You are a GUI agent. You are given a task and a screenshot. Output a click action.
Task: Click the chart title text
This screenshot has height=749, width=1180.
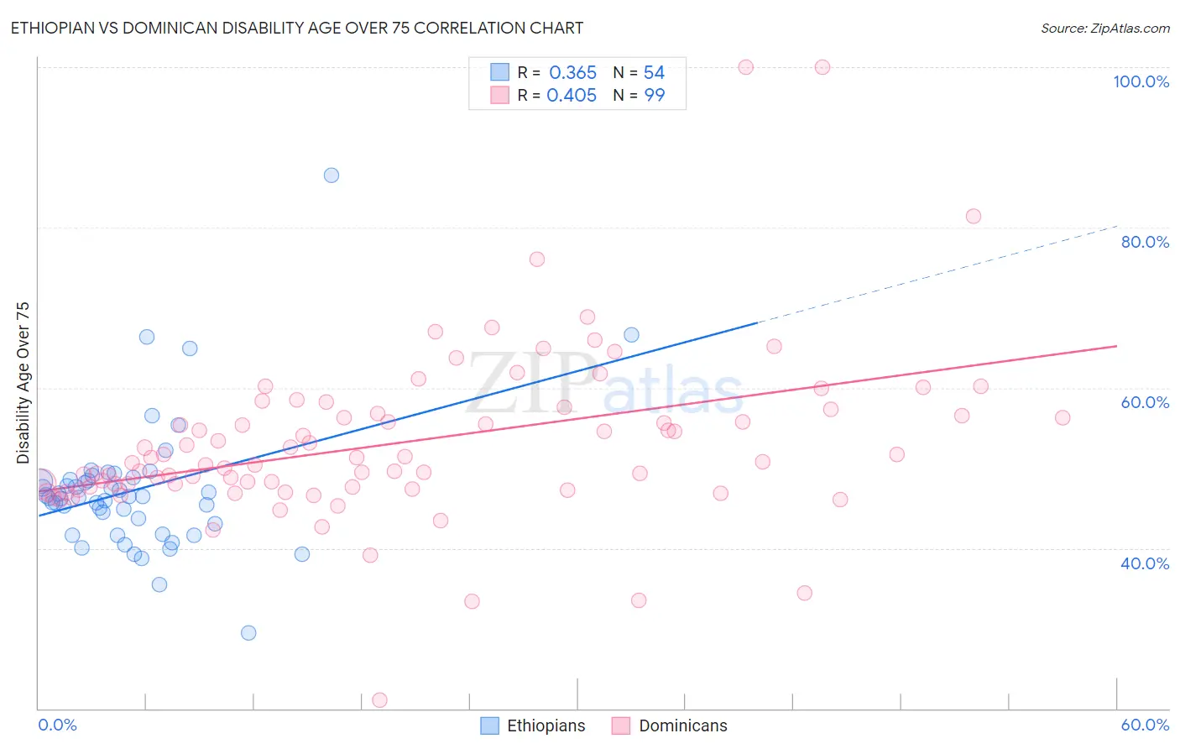coord(296,28)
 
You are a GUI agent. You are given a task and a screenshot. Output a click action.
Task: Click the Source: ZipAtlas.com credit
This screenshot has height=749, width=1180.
coord(1104,28)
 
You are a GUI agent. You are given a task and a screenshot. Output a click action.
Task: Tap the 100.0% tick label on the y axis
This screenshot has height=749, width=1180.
coord(1141,81)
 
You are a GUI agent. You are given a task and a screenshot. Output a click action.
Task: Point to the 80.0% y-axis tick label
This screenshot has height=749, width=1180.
coord(1145,242)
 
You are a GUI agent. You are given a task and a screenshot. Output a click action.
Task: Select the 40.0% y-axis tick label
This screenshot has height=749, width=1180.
coord(1145,563)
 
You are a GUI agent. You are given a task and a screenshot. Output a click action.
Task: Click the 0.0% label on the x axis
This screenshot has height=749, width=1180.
coord(57,725)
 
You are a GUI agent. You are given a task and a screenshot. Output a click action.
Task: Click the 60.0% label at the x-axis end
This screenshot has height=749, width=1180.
coord(1145,725)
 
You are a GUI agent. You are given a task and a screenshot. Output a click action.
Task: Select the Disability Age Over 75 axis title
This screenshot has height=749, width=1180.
coord(23,382)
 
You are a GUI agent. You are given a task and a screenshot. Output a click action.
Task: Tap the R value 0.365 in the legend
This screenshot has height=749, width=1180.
coord(572,73)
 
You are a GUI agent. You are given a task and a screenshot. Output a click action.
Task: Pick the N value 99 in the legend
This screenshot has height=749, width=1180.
coord(654,96)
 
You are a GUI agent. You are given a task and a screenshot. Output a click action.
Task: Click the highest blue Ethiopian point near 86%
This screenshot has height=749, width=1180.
coord(332,175)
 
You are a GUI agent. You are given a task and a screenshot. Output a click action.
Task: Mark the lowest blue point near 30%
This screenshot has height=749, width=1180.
coord(248,633)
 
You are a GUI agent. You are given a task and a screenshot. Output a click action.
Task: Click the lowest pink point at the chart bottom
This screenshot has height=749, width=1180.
coord(379,700)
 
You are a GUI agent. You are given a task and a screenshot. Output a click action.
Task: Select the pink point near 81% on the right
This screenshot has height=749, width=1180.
coord(974,217)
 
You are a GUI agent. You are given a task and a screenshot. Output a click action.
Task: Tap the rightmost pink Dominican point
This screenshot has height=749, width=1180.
coord(1063,418)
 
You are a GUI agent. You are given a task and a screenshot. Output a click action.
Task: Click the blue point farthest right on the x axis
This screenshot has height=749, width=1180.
coord(631,335)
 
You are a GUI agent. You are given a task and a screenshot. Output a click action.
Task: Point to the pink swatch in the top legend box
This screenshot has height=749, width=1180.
coord(500,95)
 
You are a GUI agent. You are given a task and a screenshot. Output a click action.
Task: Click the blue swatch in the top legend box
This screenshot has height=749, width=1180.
coord(500,72)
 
